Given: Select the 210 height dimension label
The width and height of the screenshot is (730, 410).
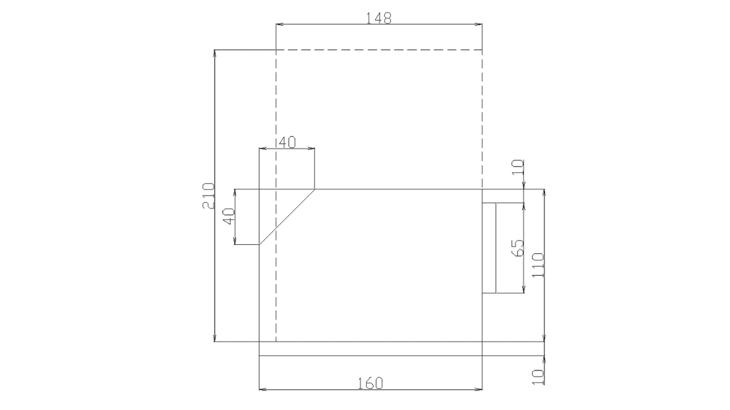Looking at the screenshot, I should coord(208,196).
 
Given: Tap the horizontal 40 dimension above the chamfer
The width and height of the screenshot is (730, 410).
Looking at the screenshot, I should coord(287,142).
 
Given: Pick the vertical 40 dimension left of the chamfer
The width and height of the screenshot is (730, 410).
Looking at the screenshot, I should coord(228,216).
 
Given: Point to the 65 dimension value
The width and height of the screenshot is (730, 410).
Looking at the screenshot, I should coord(518,248).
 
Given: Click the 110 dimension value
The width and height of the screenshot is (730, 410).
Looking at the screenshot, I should coord(538,265).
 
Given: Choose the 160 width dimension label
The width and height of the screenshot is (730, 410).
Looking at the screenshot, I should coord(370,383).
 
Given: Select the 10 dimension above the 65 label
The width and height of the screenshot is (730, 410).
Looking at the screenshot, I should coord(518,166).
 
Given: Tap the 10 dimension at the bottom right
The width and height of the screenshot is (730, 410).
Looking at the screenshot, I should coord(538,377).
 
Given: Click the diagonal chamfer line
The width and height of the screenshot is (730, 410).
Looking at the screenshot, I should coord(287,217).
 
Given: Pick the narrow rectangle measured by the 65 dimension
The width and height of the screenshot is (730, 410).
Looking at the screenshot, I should coord(489,248).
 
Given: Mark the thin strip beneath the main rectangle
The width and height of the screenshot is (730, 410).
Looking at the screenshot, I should coord(370,349).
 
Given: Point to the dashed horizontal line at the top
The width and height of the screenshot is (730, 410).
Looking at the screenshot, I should coord(379,50).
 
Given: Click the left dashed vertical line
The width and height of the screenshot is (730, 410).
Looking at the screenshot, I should coord(276,121).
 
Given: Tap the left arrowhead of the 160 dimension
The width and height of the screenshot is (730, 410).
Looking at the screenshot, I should coord(262,389).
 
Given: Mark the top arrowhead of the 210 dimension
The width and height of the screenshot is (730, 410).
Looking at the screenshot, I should coord(215,53).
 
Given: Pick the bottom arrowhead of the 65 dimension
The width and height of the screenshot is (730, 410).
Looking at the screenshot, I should coord(523,291).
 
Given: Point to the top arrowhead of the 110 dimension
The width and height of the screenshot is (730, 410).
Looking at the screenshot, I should coord(544,192).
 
